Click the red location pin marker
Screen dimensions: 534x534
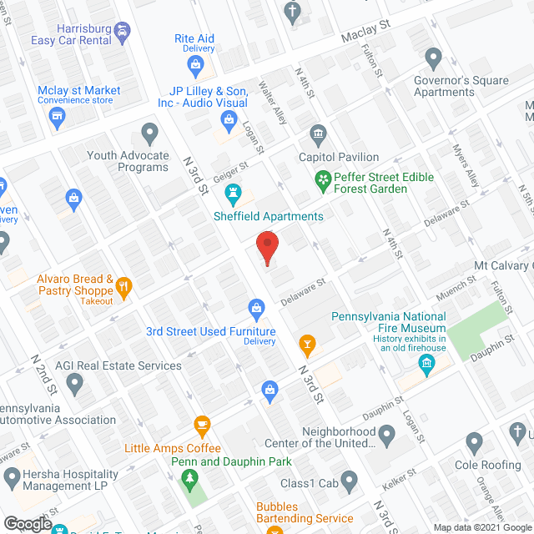[266, 248]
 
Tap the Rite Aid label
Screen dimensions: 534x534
[194, 38]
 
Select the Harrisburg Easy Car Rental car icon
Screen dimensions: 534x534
[123, 33]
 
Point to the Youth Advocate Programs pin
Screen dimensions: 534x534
[149, 133]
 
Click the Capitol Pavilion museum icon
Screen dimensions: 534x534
[317, 134]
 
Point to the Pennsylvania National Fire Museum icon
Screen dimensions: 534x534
[426, 364]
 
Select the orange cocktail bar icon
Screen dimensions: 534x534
[307, 343]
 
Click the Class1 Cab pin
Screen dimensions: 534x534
[350, 480]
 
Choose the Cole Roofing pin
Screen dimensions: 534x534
[474, 441]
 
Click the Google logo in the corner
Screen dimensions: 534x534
[28, 523]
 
